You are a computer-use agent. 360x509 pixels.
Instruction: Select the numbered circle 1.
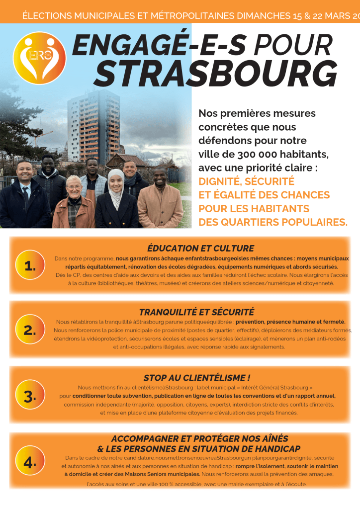(x=30, y=266)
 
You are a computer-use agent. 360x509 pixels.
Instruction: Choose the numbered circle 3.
(x=30, y=396)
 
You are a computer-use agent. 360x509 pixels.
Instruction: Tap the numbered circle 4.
(x=30, y=462)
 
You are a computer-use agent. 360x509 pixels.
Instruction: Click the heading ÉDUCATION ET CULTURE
(x=200, y=248)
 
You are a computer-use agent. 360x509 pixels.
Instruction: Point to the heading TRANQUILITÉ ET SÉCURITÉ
(x=196, y=312)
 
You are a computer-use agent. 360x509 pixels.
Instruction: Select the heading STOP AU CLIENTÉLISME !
(x=197, y=378)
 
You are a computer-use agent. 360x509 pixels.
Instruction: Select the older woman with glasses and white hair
(x=74, y=201)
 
